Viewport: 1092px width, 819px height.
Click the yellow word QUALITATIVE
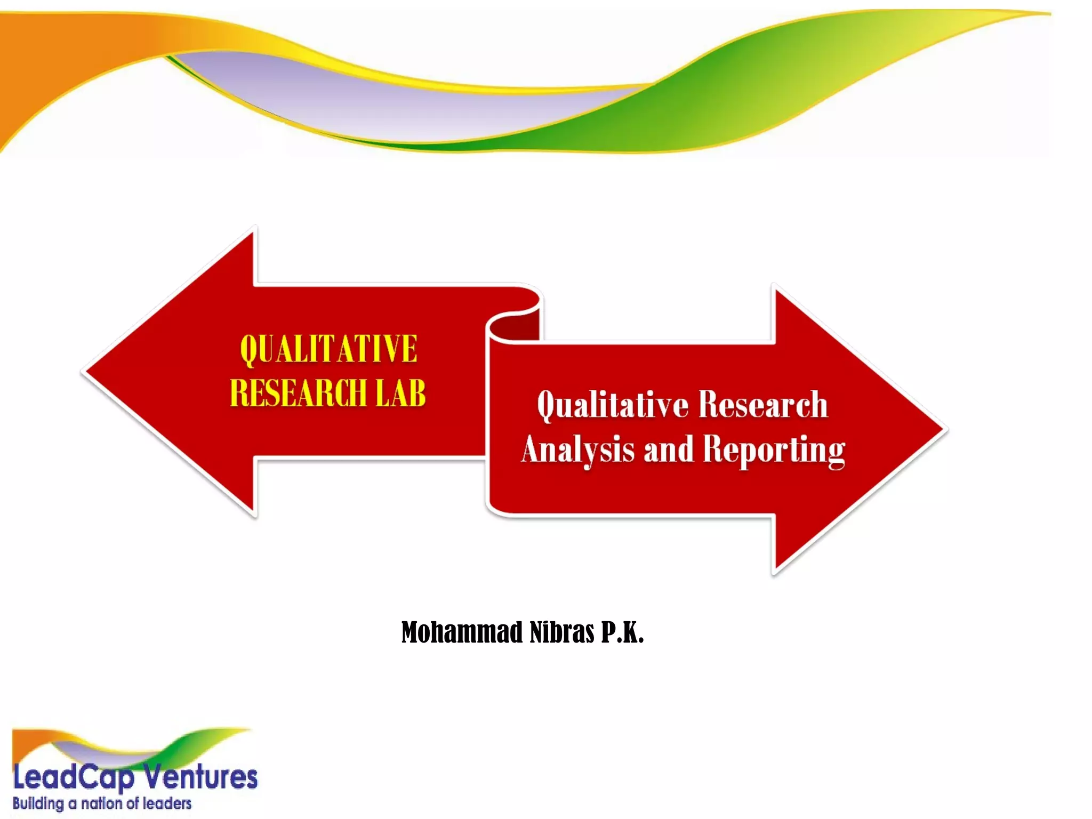[x=328, y=349]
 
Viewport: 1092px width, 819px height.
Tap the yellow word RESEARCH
[x=298, y=393]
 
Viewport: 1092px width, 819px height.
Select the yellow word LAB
[x=400, y=393]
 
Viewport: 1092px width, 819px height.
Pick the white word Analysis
[x=578, y=449]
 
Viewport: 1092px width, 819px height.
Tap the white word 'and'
[x=669, y=449]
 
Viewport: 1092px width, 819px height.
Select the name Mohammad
[x=462, y=632]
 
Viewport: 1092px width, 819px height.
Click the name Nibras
[x=562, y=632]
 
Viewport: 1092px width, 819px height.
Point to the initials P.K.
[x=622, y=632]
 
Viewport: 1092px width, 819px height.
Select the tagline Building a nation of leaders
[x=102, y=804]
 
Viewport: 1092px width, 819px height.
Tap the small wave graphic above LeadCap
[x=128, y=746]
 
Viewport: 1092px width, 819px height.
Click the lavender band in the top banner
[x=405, y=101]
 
